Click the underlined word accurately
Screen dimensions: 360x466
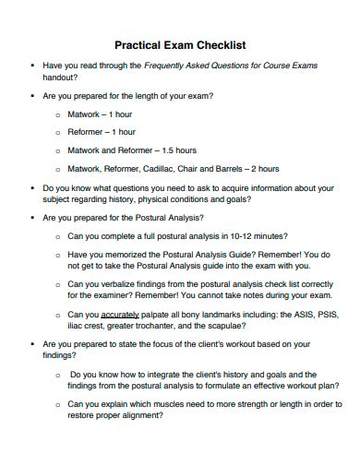(129, 315)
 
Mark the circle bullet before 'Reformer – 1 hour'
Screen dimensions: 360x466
(57, 132)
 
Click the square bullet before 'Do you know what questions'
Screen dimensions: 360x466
(32, 187)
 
